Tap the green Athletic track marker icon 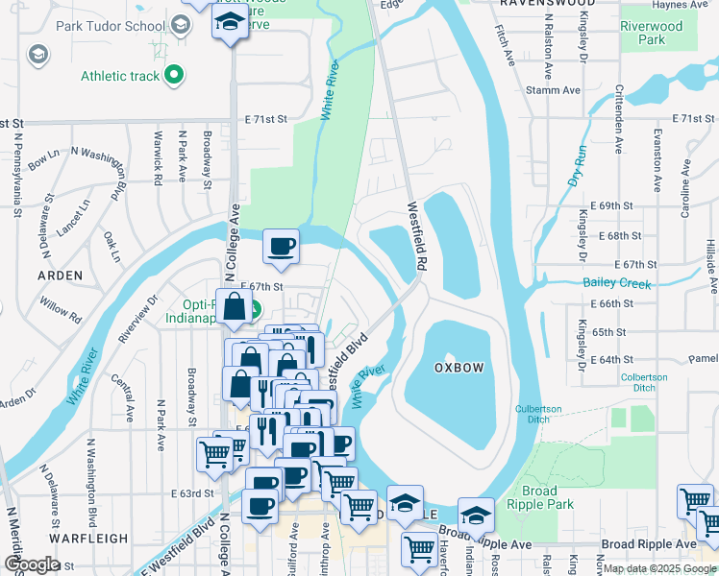coord(173,74)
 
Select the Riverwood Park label coord(651,34)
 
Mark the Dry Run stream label coord(577,165)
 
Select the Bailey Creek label coord(617,283)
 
